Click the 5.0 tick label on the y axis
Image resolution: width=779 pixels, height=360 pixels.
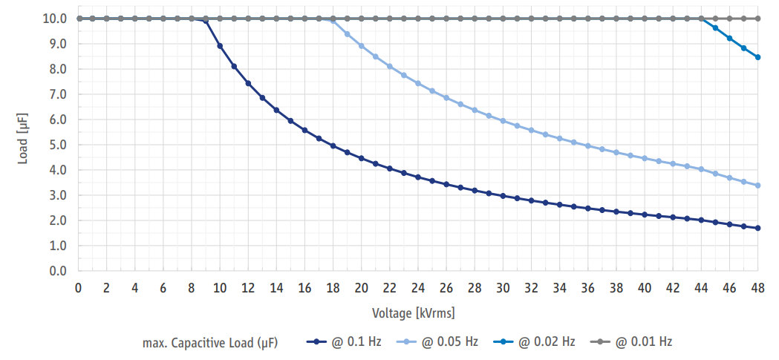[x=57, y=145]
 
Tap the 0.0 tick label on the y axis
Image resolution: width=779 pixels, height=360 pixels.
[x=57, y=271]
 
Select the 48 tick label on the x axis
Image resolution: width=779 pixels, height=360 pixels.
[x=757, y=288]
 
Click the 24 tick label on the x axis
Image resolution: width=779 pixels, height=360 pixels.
[x=418, y=288]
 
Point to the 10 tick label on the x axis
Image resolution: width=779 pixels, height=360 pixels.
[x=220, y=288]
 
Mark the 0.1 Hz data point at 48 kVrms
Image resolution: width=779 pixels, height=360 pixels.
[x=757, y=228]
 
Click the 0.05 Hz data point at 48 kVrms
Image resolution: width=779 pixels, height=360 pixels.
[x=757, y=186]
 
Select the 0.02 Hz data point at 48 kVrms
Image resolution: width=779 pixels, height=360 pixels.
[x=757, y=57]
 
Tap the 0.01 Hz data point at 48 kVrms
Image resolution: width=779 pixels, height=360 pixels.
[x=757, y=19]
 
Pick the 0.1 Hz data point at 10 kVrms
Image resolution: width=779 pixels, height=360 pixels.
[x=220, y=46]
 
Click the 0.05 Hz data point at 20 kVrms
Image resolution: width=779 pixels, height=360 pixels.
[x=362, y=46]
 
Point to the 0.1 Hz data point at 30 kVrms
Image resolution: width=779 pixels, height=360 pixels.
[x=503, y=196]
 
